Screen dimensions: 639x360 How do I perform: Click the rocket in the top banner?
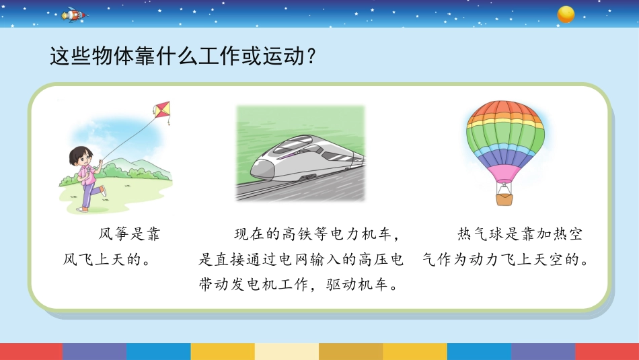(74, 15)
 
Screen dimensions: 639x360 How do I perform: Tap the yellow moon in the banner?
(566, 14)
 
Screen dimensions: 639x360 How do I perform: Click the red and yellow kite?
(162, 110)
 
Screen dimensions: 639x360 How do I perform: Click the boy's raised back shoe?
(104, 191)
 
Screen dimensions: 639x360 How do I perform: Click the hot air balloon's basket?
(504, 199)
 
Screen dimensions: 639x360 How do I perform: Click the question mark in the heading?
(311, 56)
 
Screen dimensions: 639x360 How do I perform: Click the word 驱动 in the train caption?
(341, 284)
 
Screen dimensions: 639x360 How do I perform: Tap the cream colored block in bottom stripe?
(287, 351)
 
